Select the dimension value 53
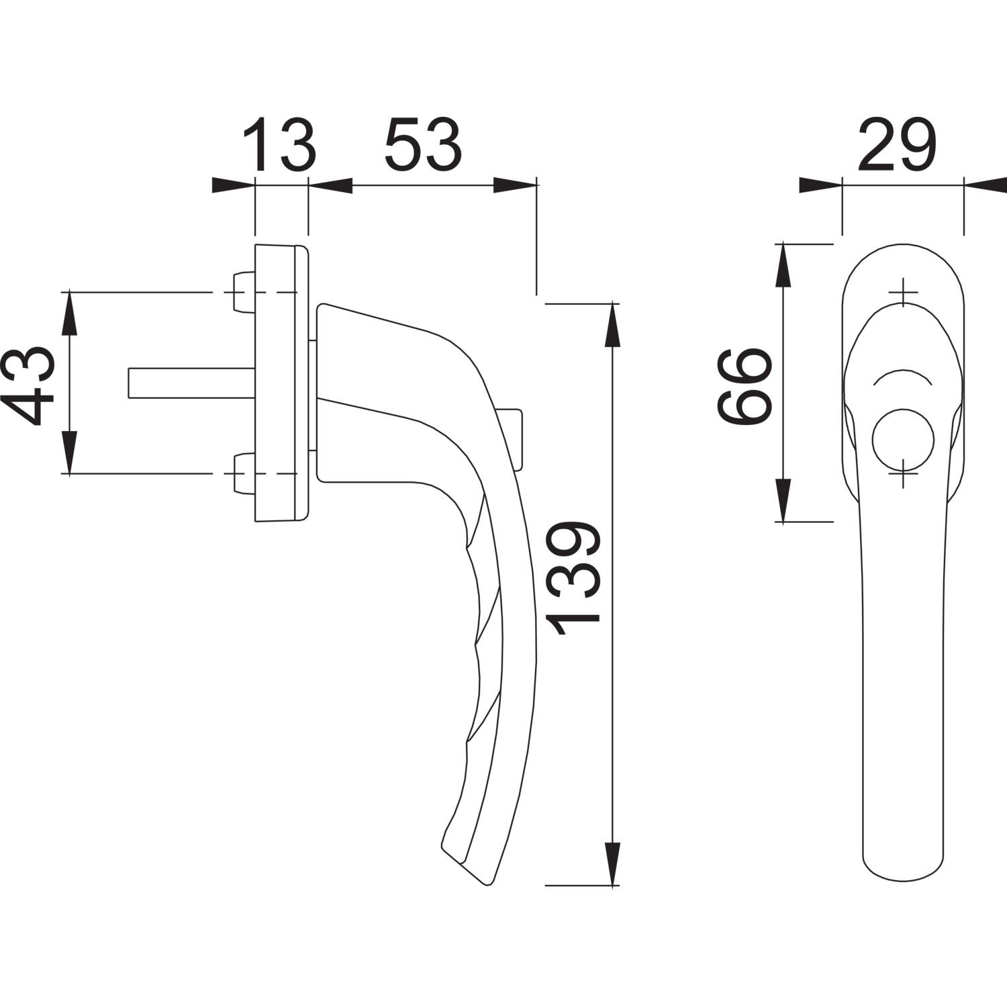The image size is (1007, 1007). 424,144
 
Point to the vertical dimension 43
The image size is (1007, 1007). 30,385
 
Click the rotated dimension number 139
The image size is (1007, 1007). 572,578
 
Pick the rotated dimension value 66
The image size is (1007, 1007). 743,385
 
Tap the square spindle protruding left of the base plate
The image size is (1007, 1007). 191,383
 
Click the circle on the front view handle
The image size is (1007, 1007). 903,440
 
